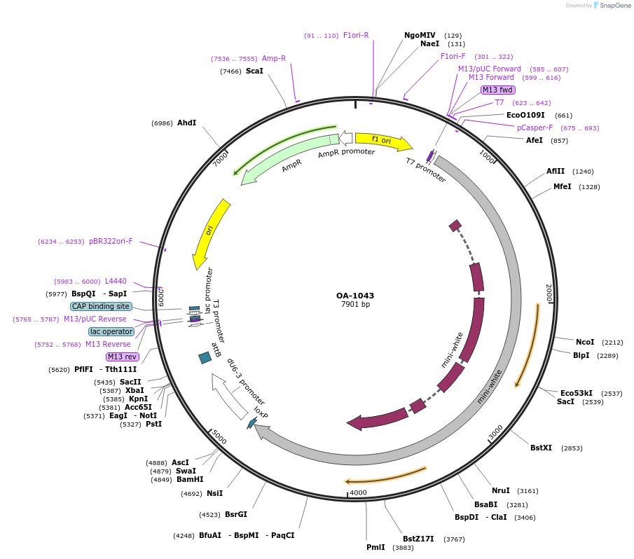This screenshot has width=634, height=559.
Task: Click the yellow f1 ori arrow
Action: coord(383,142)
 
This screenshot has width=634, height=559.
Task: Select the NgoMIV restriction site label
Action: coord(420,35)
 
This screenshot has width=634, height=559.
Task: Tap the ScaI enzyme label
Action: coord(254,71)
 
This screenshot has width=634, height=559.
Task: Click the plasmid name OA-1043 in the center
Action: coord(355,295)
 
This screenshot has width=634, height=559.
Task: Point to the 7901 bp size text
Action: coord(355,305)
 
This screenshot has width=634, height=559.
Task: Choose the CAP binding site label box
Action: coord(101,306)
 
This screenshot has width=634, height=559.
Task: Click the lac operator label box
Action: coord(111,331)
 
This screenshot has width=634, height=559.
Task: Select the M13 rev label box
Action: coord(123,357)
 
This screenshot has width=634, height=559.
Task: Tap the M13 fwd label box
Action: coord(498,90)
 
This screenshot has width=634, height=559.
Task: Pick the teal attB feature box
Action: coord(205,358)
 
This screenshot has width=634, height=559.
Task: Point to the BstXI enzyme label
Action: coord(541,448)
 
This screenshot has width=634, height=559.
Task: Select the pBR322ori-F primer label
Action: coord(111,241)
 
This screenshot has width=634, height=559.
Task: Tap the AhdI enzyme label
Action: coord(186,123)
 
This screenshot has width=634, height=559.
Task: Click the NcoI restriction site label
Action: coord(585,342)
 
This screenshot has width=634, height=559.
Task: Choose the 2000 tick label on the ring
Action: coord(549,293)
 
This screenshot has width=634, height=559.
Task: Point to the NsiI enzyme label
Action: coord(214,493)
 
